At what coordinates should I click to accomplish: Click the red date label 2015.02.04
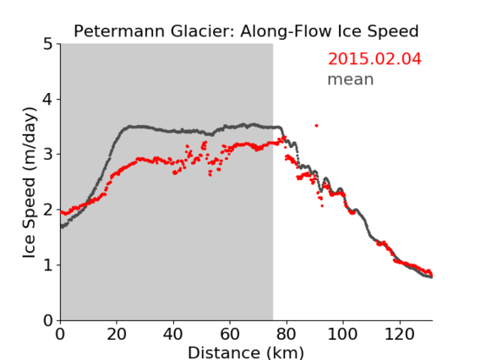[x=374, y=59]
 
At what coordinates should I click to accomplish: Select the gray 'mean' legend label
[x=351, y=79]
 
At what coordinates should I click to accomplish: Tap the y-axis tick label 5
[x=48, y=44]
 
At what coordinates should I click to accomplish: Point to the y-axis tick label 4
[x=48, y=99]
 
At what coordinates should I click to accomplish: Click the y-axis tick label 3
[x=48, y=155]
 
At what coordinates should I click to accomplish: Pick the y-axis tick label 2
[x=48, y=210]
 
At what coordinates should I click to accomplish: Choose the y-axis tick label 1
[x=48, y=265]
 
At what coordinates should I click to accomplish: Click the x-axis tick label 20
[x=117, y=334]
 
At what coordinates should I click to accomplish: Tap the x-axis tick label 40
[x=173, y=334]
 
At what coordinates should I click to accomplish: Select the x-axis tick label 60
[x=230, y=334]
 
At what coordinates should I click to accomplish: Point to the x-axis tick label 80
[x=286, y=334]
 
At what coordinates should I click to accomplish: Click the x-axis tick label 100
[x=342, y=334]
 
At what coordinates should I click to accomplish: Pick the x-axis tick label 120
[x=399, y=334]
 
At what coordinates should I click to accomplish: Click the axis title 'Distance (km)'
[x=246, y=352]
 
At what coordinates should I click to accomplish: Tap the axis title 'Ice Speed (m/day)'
[x=30, y=183]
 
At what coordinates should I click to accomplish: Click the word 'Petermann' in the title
[x=120, y=31]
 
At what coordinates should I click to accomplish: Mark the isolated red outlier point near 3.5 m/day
[x=317, y=126]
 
